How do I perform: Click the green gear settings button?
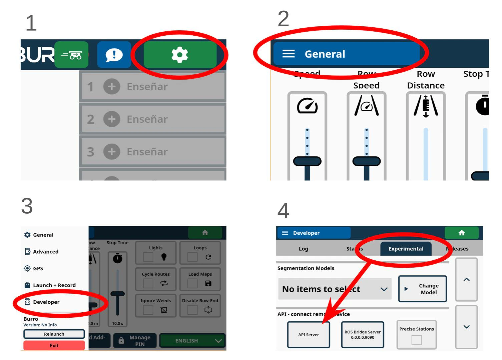tap(180, 55)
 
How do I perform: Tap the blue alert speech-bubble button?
tap(114, 55)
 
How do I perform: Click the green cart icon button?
tap(71, 55)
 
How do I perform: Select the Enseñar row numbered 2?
tap(152, 119)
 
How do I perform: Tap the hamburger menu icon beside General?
tap(289, 54)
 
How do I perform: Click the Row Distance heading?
tap(426, 80)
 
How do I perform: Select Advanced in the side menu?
tap(45, 252)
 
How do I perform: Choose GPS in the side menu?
tap(38, 268)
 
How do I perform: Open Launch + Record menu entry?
tap(54, 285)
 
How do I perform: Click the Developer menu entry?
tap(46, 302)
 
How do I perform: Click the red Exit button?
tap(54, 345)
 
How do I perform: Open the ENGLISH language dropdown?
tap(192, 341)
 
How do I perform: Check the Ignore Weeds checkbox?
tap(148, 310)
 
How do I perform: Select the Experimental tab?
tap(406, 249)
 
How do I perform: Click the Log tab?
tap(303, 249)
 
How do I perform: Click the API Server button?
tap(309, 335)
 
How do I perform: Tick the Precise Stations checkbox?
tap(417, 340)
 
